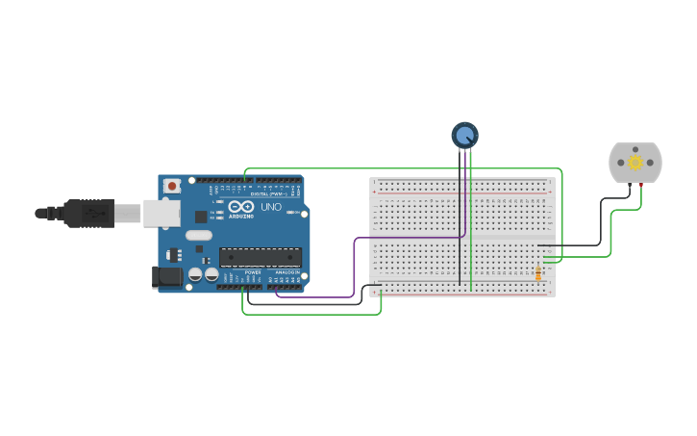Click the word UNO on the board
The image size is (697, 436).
271,207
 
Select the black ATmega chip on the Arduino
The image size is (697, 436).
260,257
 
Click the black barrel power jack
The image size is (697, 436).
166,277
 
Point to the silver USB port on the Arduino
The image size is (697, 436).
162,213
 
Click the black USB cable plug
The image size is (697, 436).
90,213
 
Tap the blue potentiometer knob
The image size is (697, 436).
464,136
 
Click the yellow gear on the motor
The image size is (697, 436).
635,163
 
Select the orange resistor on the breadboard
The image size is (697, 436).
538,273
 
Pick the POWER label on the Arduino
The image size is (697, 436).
253,272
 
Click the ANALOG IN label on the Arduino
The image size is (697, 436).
286,272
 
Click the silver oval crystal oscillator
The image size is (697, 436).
199,235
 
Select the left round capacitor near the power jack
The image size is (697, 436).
195,274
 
